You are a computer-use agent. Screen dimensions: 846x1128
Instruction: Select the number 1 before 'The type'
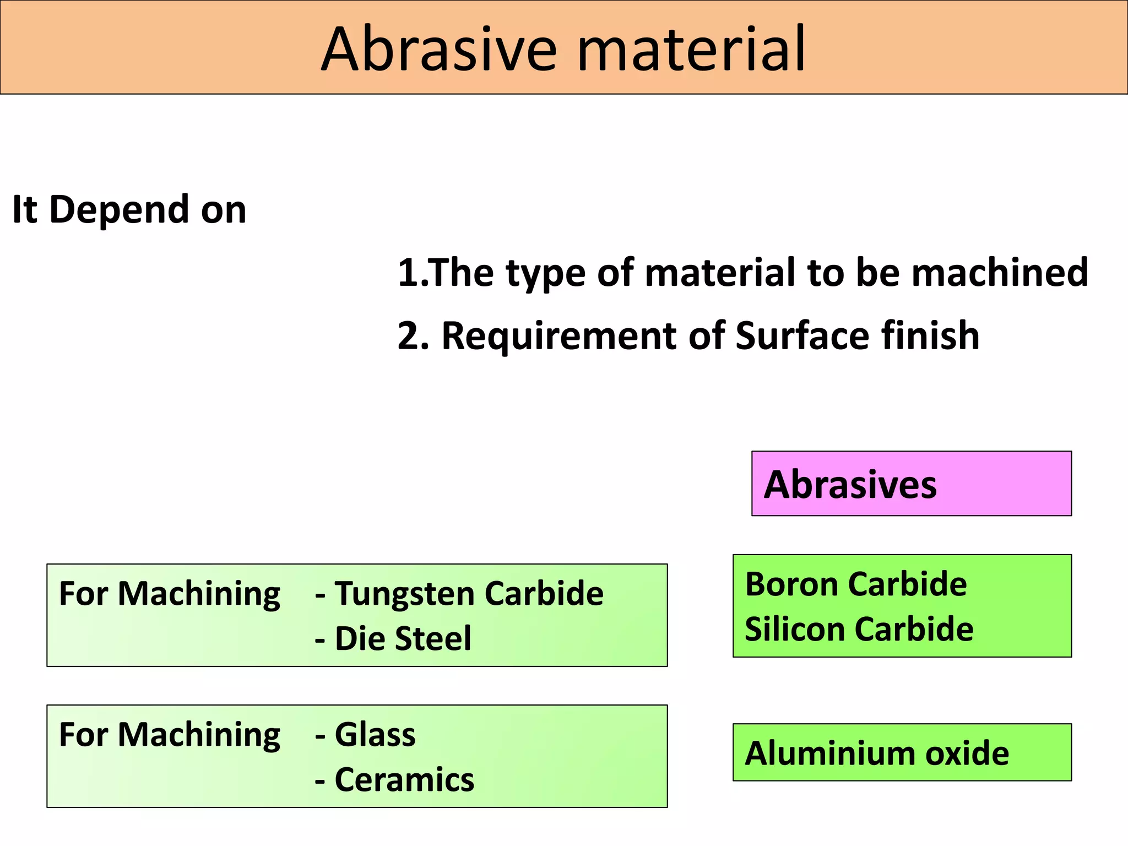[408, 273]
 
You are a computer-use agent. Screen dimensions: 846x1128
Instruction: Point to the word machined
[1000, 273]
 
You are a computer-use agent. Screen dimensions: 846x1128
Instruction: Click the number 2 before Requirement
[409, 336]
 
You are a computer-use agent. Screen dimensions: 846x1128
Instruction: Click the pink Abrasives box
[911, 484]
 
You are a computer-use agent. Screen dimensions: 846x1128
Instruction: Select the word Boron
[793, 584]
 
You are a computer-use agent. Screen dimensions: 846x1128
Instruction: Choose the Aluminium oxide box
[902, 752]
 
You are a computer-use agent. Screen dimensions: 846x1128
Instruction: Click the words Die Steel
[403, 639]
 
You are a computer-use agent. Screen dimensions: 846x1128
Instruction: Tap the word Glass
[375, 735]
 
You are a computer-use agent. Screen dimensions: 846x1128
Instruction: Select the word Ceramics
[404, 780]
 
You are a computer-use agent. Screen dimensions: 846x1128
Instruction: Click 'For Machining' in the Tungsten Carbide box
[169, 595]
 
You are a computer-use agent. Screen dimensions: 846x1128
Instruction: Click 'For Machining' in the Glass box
[169, 736]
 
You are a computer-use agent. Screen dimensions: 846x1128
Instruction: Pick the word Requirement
[560, 336]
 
